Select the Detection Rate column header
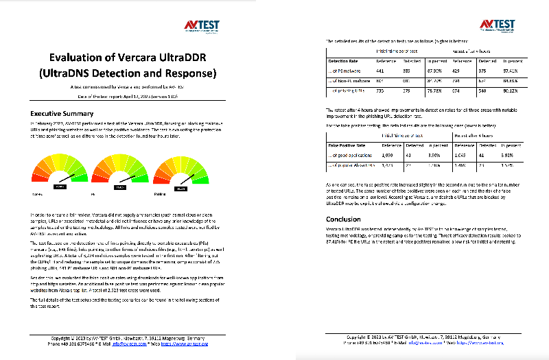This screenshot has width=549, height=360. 345,61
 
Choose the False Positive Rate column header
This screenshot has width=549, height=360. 349,145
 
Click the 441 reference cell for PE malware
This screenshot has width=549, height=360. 379,71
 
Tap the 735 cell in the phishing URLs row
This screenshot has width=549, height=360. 379,89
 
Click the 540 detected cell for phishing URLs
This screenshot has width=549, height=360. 484,89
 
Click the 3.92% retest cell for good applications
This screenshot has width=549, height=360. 515,155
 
